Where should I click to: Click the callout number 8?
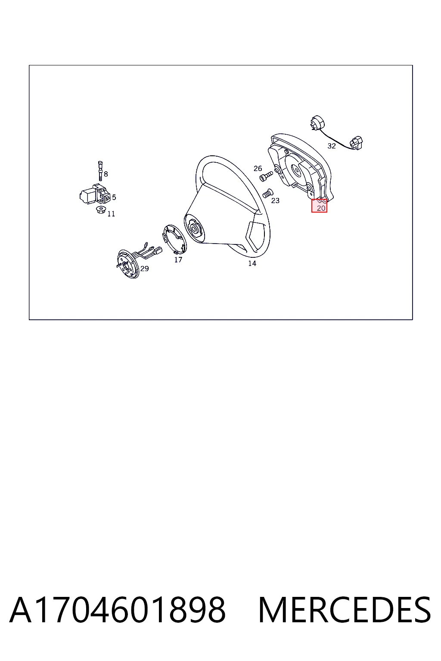point(106,174)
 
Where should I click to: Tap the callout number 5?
point(114,197)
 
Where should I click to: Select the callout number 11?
point(111,213)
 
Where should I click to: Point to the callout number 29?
point(144,269)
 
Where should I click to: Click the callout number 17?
point(178,259)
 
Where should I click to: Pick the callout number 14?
point(252,263)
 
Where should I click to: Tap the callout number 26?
point(258,169)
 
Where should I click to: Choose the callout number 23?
point(275,201)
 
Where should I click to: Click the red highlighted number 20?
point(321,208)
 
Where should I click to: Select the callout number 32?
point(332,146)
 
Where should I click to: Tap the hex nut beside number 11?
point(101,210)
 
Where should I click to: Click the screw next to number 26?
point(266,176)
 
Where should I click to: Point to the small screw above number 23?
point(267,193)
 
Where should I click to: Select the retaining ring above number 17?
point(174,239)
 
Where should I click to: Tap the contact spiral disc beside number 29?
point(128,263)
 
